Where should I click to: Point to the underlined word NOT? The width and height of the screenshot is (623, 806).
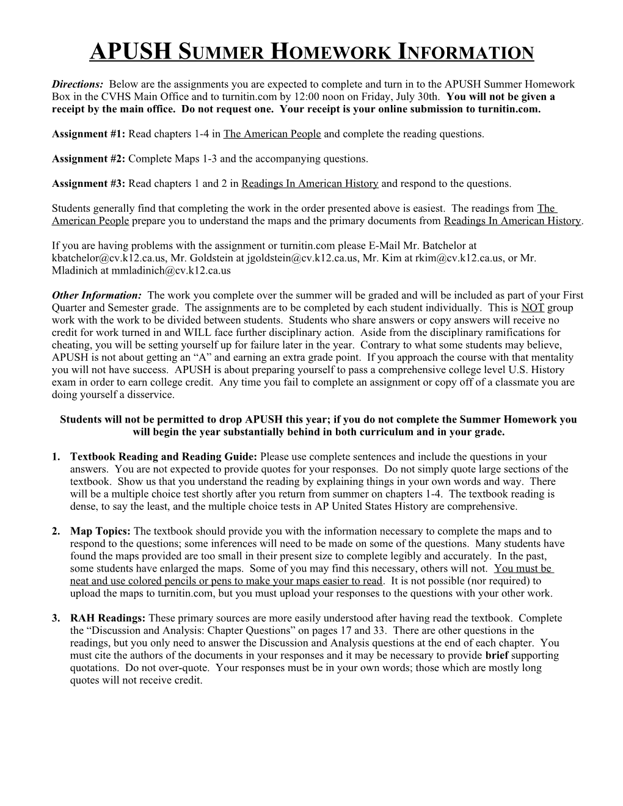pyautogui.click(x=533, y=308)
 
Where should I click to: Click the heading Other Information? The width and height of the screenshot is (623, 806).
pyautogui.click(x=97, y=296)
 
